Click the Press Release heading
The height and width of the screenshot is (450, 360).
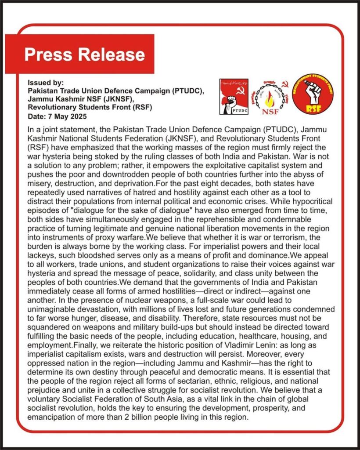(84, 54)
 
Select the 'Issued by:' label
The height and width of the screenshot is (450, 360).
(46, 83)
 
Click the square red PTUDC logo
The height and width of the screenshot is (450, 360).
(234, 97)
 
